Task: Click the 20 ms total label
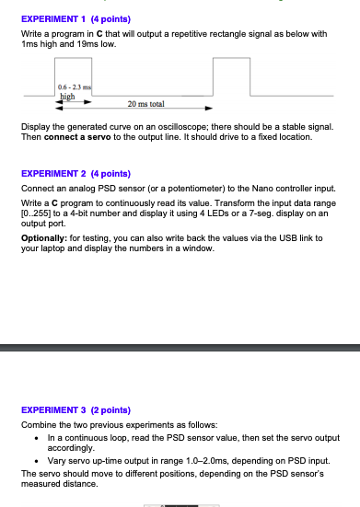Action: [x=146, y=104]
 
